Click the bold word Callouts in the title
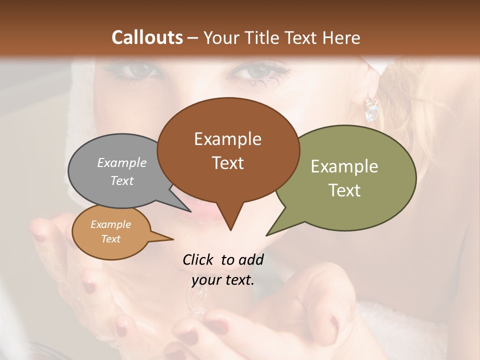[x=147, y=37]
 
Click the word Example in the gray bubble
[x=122, y=163]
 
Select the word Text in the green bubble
[x=344, y=190]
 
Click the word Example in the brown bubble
[x=228, y=139]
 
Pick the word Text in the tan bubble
[x=111, y=239]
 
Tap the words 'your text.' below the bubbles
[x=223, y=280]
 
